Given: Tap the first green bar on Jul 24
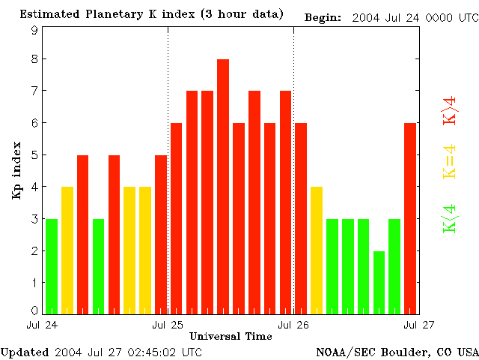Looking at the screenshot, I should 52,266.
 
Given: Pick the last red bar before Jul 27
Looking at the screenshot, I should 410,217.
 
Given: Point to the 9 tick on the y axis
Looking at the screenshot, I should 34,30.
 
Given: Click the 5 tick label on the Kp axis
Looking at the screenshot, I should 34,155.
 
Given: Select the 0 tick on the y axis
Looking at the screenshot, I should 34,310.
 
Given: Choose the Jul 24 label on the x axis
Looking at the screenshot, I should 42,325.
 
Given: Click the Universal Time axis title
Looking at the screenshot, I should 231,336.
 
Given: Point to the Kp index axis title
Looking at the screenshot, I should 16,170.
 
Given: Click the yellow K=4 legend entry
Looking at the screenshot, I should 450,162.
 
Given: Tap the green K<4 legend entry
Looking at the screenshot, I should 450,218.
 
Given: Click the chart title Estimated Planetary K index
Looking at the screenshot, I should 151,14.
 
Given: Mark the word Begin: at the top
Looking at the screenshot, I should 323,16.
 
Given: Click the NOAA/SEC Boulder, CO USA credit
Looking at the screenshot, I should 397,351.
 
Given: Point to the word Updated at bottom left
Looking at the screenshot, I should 25,351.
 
